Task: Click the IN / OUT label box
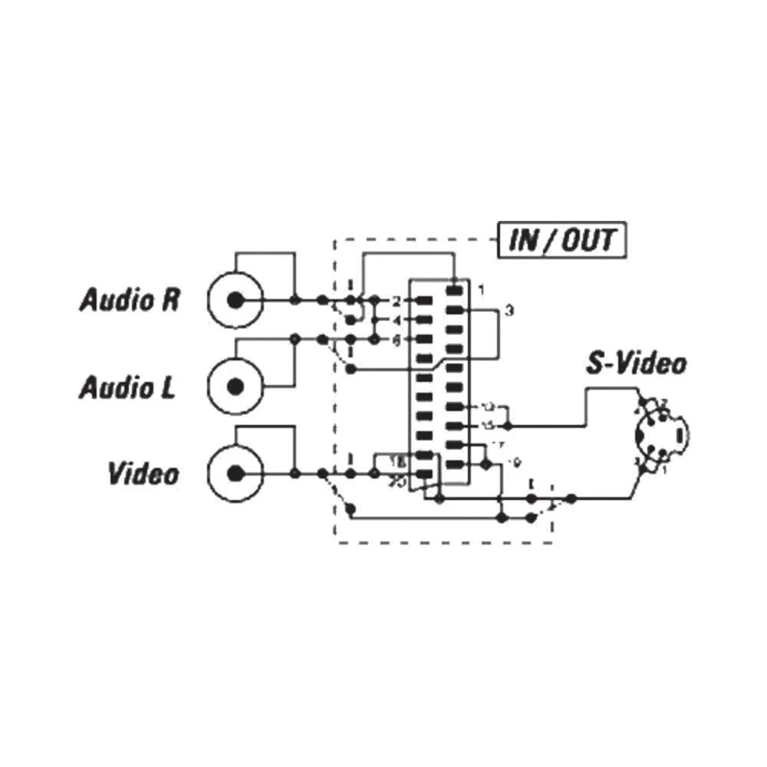coord(562,240)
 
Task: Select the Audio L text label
coord(127,387)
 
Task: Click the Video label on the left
coord(143,473)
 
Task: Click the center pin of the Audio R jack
coord(235,299)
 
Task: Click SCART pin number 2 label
coord(397,300)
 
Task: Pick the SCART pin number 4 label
coord(397,320)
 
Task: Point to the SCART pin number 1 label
coord(481,290)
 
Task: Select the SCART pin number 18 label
coord(397,462)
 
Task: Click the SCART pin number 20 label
coord(397,482)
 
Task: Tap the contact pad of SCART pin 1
coord(456,290)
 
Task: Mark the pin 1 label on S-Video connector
coord(664,469)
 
